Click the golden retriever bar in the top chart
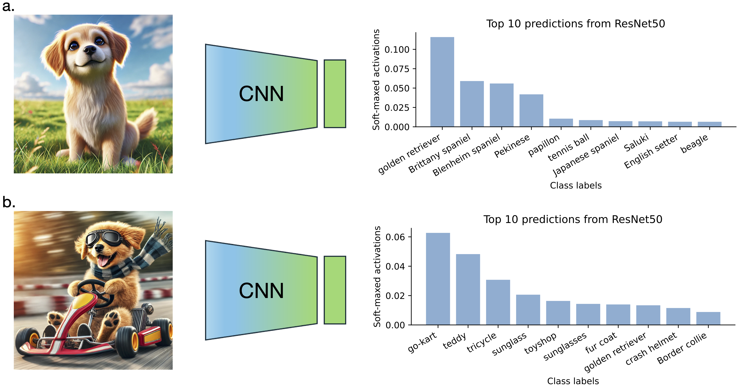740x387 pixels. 442,82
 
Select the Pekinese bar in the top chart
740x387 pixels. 531,110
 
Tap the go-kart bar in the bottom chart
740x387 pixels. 438,279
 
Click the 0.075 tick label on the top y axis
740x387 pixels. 397,69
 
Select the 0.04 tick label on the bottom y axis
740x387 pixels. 395,266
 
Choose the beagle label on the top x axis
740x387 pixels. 694,143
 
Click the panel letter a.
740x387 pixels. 8,6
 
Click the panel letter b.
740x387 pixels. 9,202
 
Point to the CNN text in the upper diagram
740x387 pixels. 261,94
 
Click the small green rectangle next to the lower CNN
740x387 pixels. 335,290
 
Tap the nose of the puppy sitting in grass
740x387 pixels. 90,49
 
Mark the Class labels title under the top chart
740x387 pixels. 575,185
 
